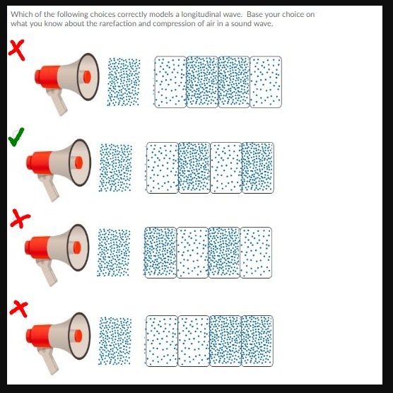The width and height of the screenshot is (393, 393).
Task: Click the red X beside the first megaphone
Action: (x=16, y=50)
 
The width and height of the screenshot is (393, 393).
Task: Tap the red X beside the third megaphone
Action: (x=20, y=219)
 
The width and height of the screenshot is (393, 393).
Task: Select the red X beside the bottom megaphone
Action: (x=19, y=309)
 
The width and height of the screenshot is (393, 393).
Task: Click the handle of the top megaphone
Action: (x=57, y=102)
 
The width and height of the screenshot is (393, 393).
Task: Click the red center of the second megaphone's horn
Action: (x=78, y=163)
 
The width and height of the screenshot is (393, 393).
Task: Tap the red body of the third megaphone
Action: (x=38, y=248)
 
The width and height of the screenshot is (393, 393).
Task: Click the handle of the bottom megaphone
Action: (x=49, y=361)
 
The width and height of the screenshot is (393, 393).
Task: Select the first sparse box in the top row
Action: (x=170, y=82)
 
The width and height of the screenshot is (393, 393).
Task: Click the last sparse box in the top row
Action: (x=266, y=82)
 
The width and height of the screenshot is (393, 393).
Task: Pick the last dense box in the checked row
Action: (x=258, y=168)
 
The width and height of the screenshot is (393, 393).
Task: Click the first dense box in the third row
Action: (x=160, y=252)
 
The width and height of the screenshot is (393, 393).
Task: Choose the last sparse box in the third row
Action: (x=256, y=252)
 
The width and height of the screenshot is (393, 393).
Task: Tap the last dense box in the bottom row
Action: (x=257, y=341)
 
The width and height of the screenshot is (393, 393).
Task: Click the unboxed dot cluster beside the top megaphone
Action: (x=124, y=82)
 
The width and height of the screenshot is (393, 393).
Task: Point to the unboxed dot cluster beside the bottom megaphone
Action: (x=115, y=341)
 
